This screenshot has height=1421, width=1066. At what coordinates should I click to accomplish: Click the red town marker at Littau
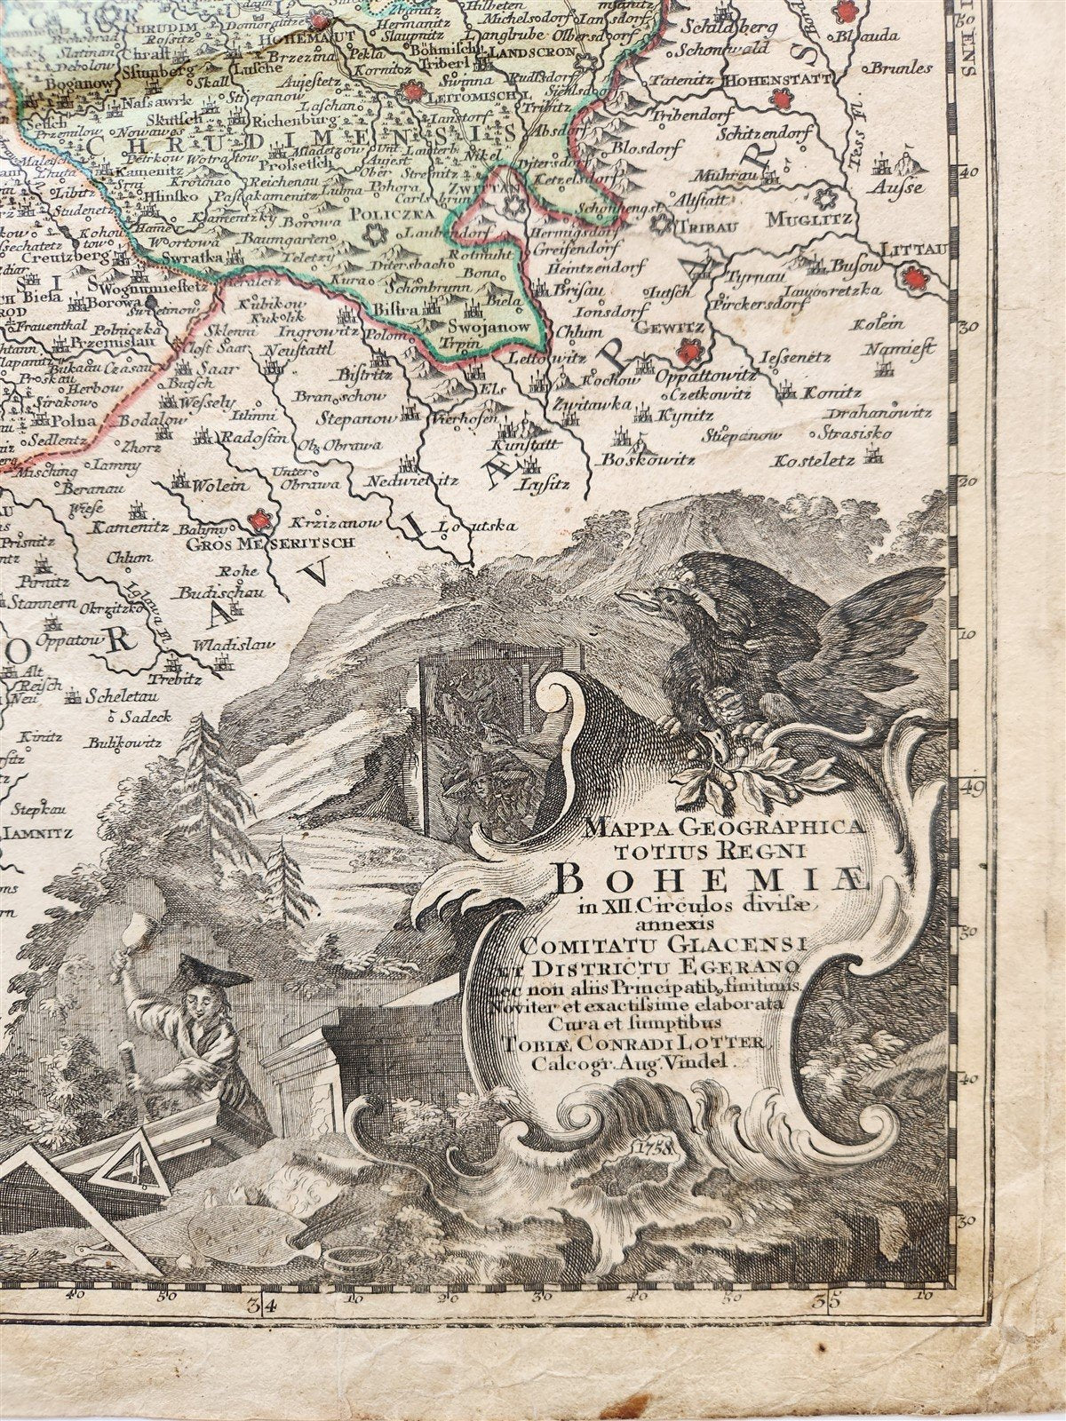click(912, 281)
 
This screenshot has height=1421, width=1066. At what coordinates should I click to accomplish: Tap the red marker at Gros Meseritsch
click(259, 520)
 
